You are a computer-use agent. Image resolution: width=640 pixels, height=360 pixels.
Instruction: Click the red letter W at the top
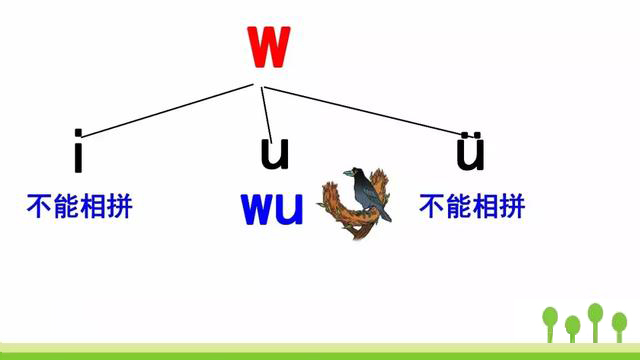267,46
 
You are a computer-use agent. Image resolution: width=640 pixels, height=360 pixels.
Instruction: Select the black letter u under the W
274,153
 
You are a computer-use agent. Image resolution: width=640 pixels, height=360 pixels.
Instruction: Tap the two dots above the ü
470,135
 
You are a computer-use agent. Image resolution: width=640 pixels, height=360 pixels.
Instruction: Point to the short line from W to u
266,105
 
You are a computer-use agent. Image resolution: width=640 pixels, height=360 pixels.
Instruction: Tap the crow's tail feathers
384,212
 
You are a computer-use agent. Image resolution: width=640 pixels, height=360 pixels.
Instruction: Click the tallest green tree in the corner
595,318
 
